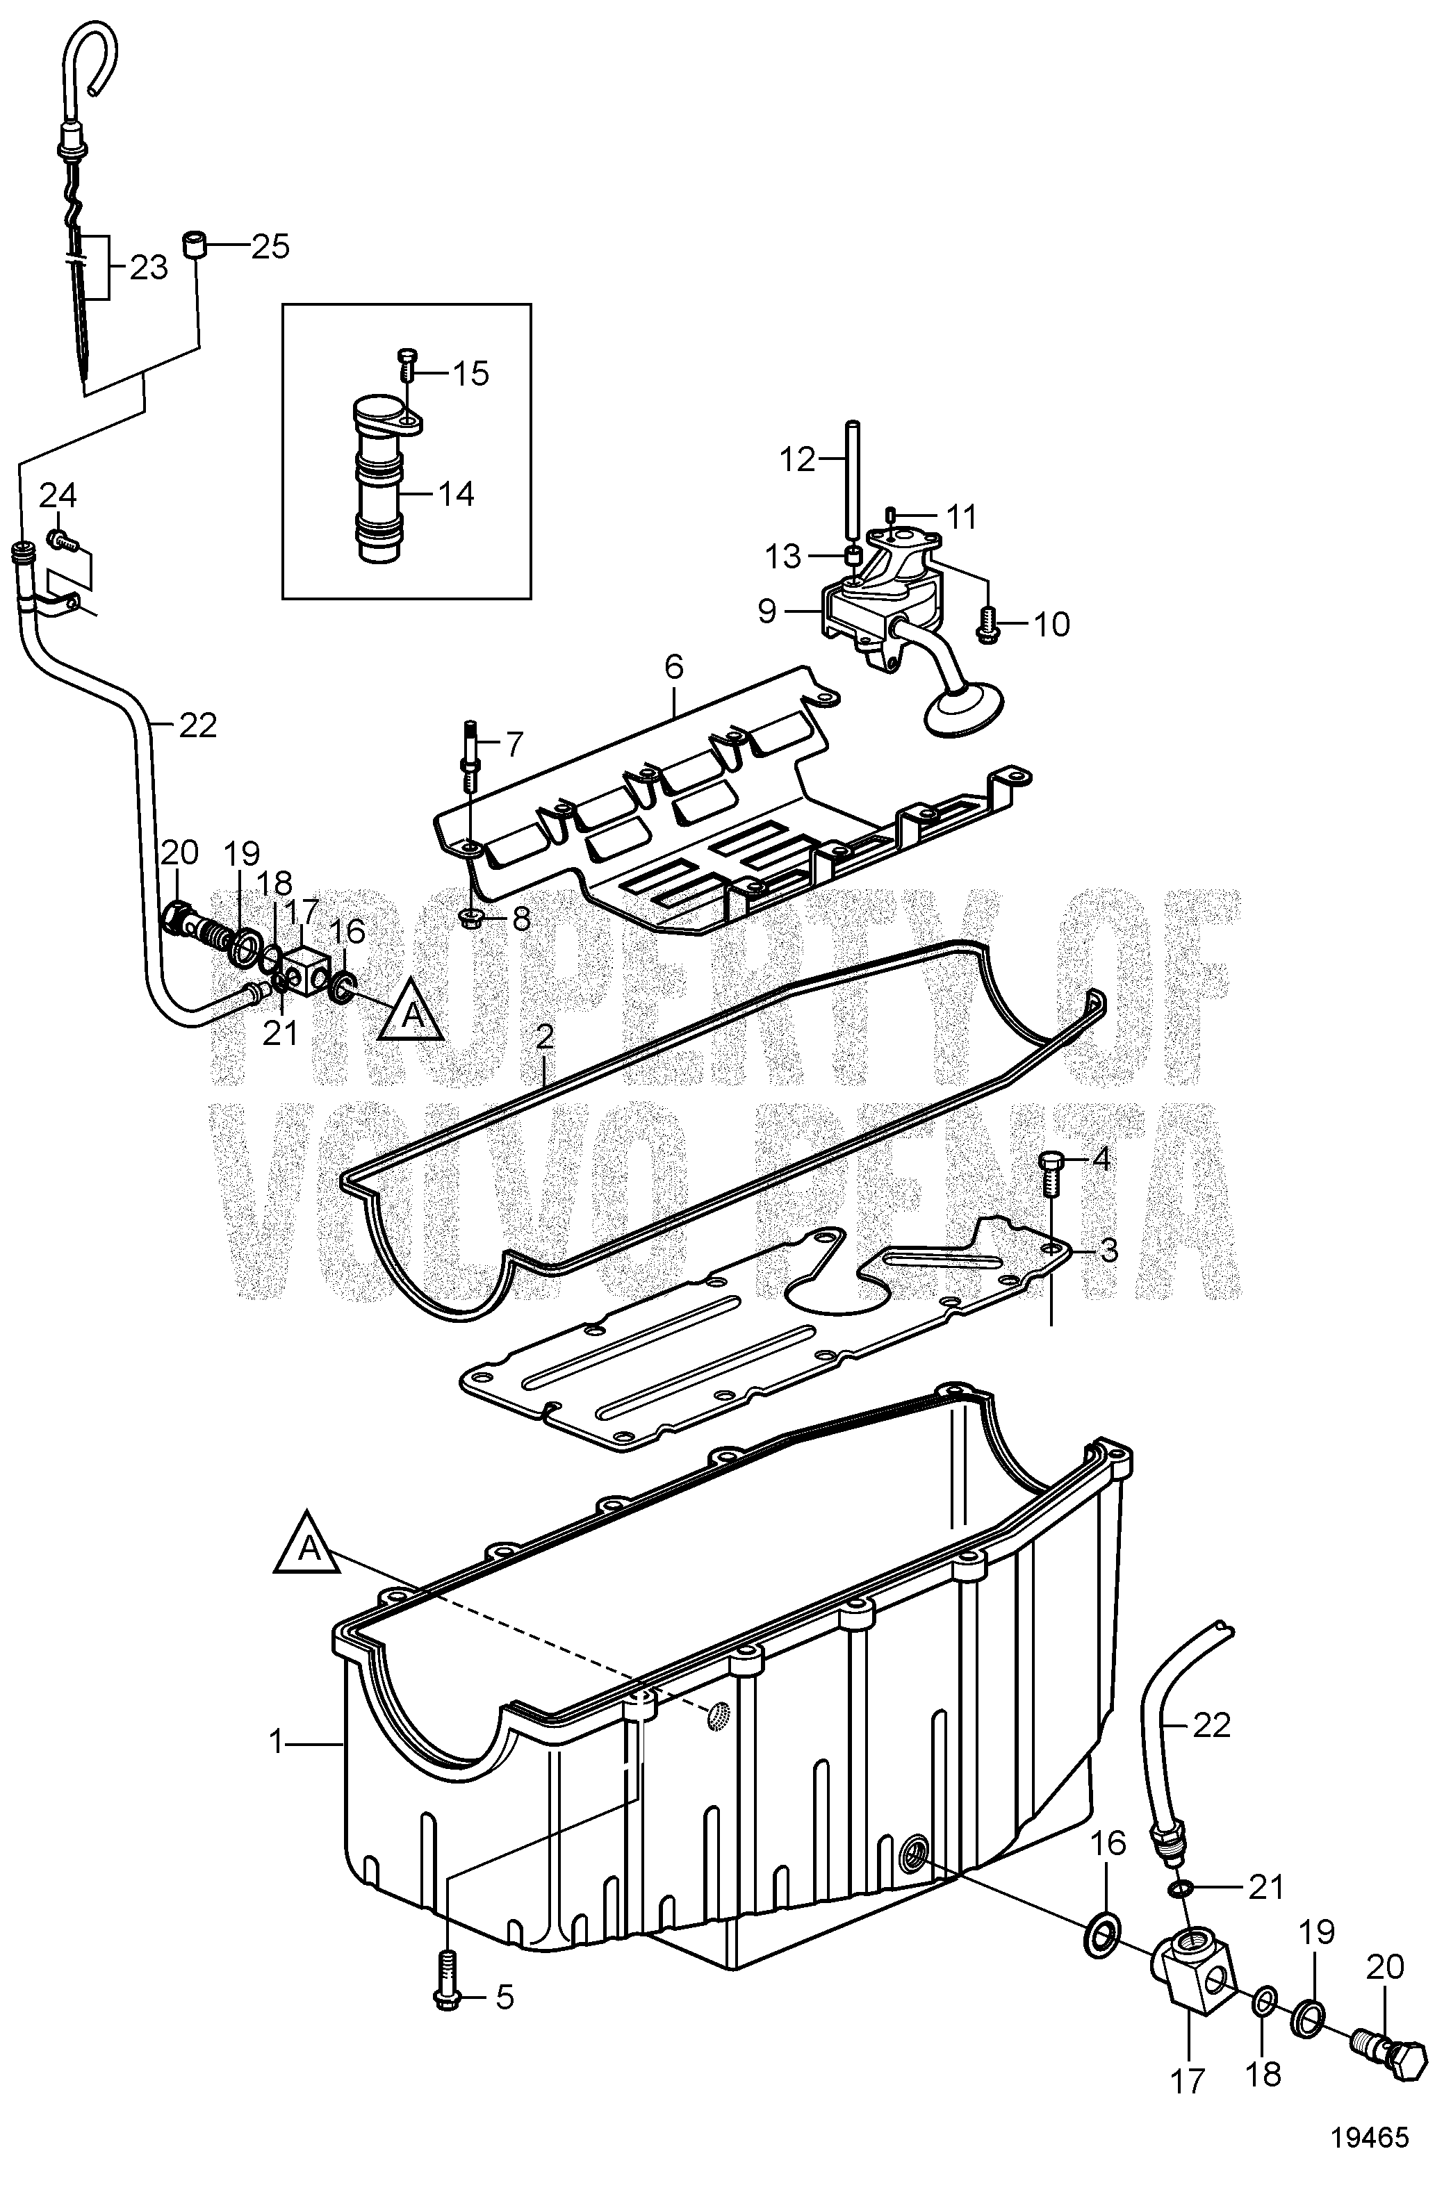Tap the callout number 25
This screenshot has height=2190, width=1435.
270,246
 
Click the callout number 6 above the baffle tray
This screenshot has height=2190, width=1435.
674,668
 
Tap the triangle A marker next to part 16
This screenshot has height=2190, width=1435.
411,1013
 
